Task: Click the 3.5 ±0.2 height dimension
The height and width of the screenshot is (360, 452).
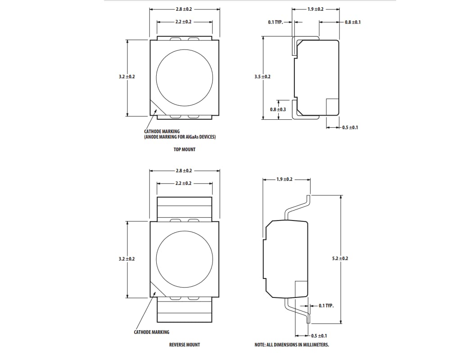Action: point(262,77)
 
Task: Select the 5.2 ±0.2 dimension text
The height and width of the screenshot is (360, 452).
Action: point(340,258)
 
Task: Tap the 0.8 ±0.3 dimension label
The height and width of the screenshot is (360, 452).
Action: point(278,109)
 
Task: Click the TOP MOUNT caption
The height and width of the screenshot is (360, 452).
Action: point(185,149)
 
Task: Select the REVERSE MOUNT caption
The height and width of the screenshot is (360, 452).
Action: point(185,345)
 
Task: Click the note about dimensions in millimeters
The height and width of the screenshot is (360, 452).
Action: point(292,345)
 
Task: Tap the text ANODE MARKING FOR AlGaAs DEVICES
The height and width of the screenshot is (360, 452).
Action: point(180,137)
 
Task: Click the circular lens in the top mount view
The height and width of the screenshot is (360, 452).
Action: point(185,77)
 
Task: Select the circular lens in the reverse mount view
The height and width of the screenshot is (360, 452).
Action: point(185,260)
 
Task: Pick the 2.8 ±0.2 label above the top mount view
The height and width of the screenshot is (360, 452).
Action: point(184,9)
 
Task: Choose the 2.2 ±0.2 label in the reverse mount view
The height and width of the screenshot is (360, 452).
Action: point(184,184)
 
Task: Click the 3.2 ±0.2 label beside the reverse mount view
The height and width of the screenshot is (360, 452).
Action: point(127,259)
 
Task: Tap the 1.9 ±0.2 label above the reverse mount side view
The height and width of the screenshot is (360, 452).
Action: point(285,180)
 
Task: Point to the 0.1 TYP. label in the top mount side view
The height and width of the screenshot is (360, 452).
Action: point(276,22)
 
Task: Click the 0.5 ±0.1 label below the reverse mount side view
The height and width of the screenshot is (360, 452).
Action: point(319,336)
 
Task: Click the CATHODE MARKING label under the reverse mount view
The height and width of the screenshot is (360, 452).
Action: point(152,332)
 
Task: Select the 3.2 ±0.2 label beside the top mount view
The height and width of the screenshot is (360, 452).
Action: point(127,77)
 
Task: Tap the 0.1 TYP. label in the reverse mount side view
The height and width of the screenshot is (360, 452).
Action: point(326,306)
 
